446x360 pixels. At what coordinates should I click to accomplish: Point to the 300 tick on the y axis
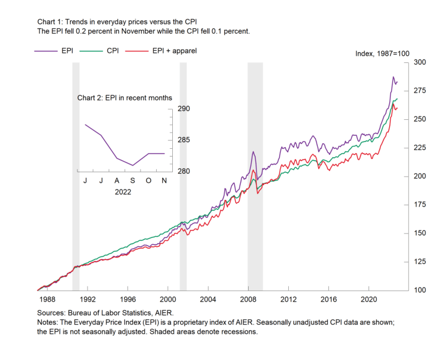click(418, 62)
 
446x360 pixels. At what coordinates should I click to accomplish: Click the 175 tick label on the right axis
click(418, 205)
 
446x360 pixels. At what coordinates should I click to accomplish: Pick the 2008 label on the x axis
click(248, 299)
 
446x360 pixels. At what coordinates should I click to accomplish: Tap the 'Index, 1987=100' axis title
click(382, 53)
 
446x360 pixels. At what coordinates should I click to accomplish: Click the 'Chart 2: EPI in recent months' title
click(125, 98)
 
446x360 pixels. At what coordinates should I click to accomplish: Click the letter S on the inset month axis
click(133, 181)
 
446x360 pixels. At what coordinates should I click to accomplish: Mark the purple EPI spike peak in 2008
click(253, 151)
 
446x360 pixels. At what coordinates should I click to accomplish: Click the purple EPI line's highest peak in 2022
click(393, 77)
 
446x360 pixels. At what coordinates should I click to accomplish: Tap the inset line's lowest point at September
click(133, 166)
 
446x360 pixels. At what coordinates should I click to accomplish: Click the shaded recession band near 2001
click(183, 167)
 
